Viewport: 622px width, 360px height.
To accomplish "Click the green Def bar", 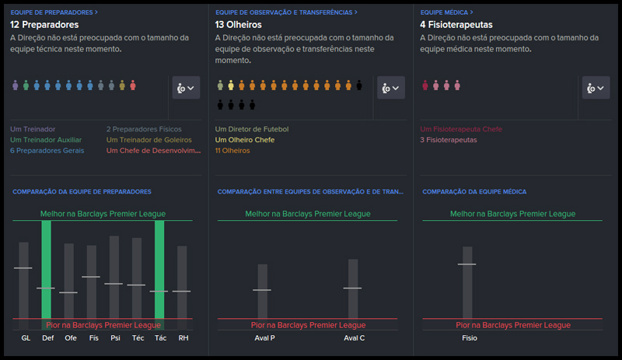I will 46,269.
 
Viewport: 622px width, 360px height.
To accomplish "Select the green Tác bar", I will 159,269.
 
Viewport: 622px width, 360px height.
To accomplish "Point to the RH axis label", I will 183,338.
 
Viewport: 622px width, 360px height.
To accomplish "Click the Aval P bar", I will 263,292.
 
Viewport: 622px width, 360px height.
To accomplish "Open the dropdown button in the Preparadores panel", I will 186,88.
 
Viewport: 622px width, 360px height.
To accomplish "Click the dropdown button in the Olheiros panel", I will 391,88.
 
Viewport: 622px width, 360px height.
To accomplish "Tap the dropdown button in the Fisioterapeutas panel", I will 596,88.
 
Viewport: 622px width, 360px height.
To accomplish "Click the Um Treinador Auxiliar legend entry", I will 47,140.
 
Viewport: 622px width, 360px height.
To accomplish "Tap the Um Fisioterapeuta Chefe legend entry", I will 461,129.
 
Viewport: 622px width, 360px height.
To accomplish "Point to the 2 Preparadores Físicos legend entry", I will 144,129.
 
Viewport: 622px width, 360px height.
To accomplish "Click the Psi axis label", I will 114,338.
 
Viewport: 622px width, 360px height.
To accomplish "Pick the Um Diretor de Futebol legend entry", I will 252,129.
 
